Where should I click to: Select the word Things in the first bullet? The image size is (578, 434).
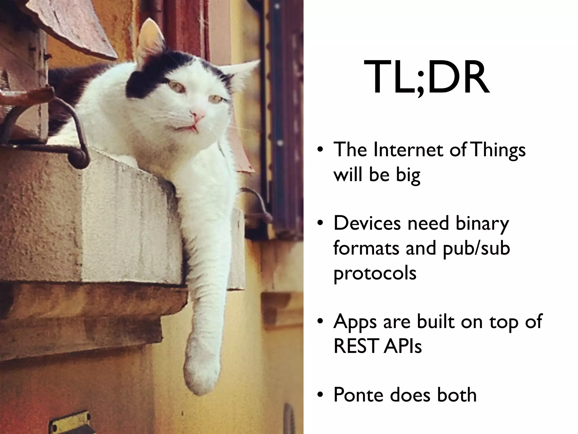[499, 151]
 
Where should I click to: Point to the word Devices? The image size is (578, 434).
[367, 223]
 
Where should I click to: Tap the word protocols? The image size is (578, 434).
[375, 274]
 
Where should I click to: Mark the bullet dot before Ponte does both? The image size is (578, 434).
[319, 395]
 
